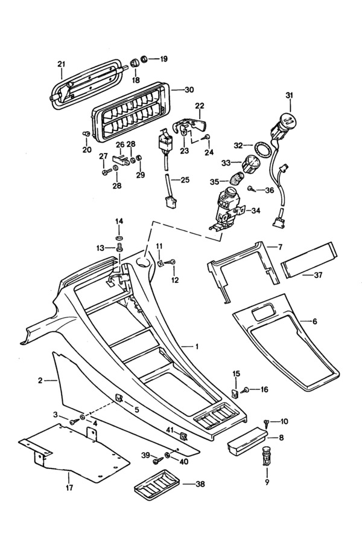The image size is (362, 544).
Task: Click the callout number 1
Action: pos(196,346)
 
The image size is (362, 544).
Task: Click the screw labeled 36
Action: pos(250,190)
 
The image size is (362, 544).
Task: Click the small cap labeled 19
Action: pos(144,59)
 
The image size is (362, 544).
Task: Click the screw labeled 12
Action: pos(173,262)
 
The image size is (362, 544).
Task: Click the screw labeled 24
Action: pos(206,138)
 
